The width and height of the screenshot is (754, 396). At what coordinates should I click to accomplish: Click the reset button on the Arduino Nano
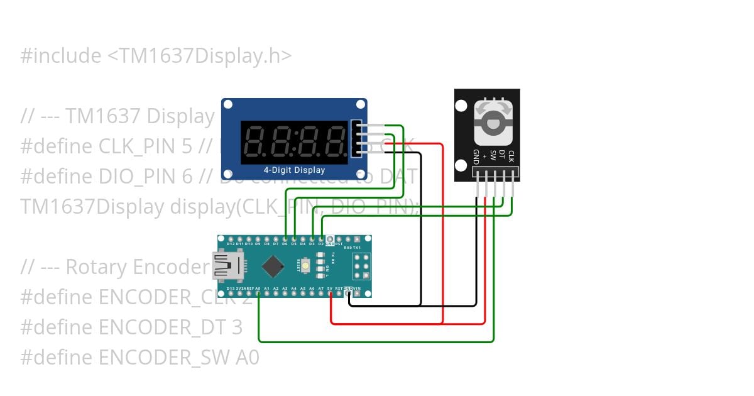[305, 266]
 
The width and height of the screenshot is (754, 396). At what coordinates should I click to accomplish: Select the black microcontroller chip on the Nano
[273, 266]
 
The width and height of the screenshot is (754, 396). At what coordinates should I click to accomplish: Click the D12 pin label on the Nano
[231, 244]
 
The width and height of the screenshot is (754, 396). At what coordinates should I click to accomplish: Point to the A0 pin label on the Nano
[258, 289]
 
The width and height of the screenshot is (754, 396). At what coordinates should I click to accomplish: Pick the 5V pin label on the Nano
[330, 289]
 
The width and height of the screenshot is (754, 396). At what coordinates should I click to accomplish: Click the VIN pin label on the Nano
[358, 289]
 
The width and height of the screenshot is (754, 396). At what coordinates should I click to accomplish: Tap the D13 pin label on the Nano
[231, 289]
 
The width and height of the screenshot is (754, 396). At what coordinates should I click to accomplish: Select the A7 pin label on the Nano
[321, 289]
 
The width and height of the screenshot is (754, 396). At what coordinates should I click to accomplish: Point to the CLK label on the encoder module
[511, 157]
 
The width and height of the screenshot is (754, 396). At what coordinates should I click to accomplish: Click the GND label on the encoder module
[476, 157]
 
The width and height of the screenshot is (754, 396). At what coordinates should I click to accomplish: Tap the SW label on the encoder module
[493, 155]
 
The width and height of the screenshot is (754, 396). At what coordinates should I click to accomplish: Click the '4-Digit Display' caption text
[294, 170]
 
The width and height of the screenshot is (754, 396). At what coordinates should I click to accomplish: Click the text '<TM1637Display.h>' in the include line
[200, 56]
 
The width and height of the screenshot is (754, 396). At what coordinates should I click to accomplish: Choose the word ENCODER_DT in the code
[164, 327]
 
